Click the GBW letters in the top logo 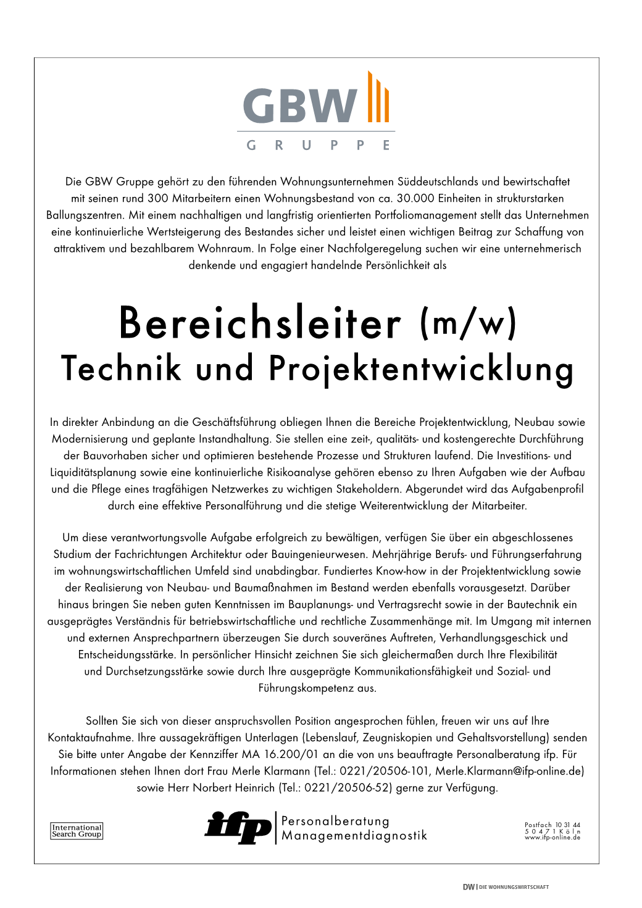tap(299, 105)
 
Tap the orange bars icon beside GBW tap(378, 98)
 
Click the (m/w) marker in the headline tap(467, 324)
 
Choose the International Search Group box tap(77, 831)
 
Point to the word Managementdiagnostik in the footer tap(354, 836)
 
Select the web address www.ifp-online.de tap(552, 838)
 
